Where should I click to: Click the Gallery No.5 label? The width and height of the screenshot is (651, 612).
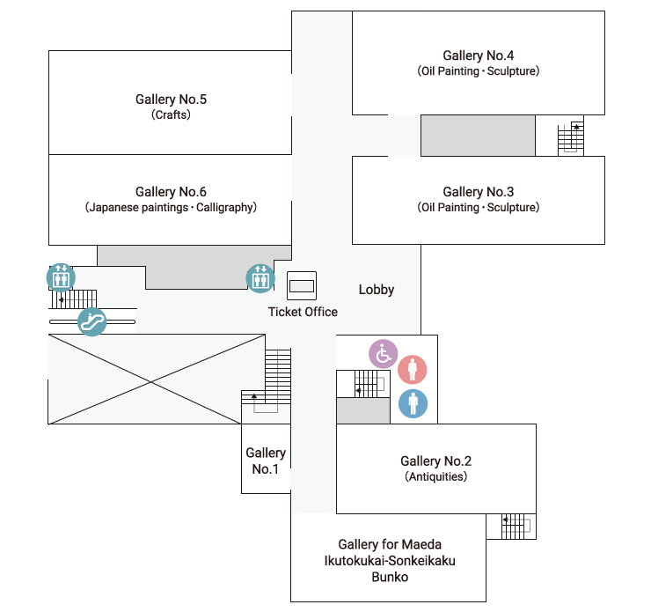pyautogui.click(x=171, y=100)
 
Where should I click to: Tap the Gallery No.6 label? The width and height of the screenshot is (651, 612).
pyautogui.click(x=171, y=192)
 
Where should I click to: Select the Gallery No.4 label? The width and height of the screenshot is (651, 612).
pyautogui.click(x=479, y=55)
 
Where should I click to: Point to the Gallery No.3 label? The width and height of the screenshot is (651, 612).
pyautogui.click(x=479, y=192)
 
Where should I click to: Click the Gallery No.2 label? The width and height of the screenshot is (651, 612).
pyautogui.click(x=436, y=461)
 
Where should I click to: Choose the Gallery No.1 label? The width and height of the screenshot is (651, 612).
pyautogui.click(x=266, y=461)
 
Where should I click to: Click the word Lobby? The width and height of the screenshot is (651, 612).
pyautogui.click(x=377, y=290)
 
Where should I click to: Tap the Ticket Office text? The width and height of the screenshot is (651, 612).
pyautogui.click(x=303, y=312)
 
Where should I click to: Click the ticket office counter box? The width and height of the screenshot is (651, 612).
pyautogui.click(x=302, y=286)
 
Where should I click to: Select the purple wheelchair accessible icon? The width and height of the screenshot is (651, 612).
pyautogui.click(x=384, y=354)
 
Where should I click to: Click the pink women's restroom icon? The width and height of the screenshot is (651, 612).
pyautogui.click(x=413, y=369)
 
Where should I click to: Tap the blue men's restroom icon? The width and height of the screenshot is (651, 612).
pyautogui.click(x=413, y=403)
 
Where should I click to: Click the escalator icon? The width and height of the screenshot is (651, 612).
pyautogui.click(x=91, y=321)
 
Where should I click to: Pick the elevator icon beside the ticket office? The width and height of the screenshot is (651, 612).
pyautogui.click(x=260, y=278)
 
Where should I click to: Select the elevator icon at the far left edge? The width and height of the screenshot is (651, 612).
pyautogui.click(x=61, y=277)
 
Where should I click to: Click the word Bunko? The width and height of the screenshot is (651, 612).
pyautogui.click(x=390, y=577)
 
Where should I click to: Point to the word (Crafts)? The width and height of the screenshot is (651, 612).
pyautogui.click(x=171, y=114)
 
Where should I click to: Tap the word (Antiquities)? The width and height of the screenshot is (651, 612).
pyautogui.click(x=436, y=476)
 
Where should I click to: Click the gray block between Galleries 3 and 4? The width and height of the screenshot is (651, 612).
pyautogui.click(x=478, y=136)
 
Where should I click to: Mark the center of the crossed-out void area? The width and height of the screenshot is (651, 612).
pyautogui.click(x=151, y=381)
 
